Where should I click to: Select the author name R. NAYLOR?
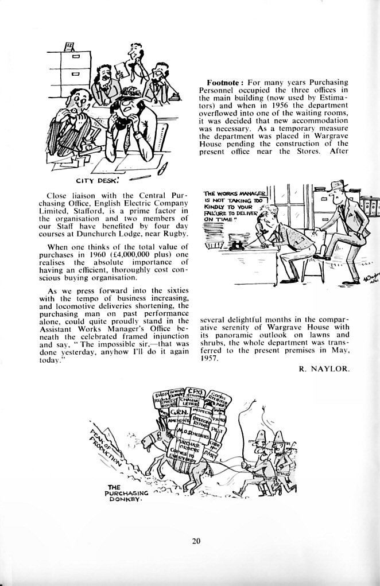(x=324, y=369)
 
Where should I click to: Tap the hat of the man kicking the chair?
(x=338, y=186)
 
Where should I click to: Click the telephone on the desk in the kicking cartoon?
(x=236, y=245)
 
